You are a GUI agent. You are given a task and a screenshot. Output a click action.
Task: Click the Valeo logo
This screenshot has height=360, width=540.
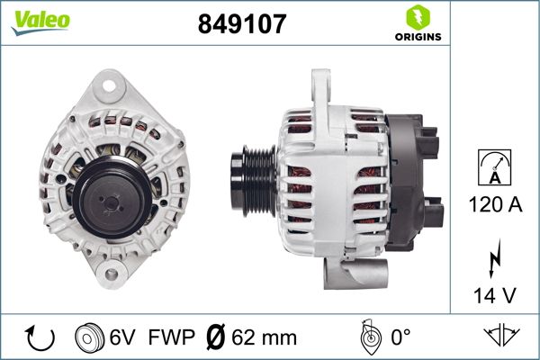click(40, 21)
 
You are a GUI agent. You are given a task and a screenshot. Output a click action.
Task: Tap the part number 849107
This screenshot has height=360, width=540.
click(241, 24)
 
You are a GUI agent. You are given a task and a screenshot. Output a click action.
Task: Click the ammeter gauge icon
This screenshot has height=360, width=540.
click(495, 167)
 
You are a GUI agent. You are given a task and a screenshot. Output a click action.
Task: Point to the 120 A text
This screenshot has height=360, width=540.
click(495, 205)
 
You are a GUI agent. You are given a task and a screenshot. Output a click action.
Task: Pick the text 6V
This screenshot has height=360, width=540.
click(123, 337)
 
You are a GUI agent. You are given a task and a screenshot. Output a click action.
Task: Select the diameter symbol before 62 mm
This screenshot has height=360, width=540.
click(216, 337)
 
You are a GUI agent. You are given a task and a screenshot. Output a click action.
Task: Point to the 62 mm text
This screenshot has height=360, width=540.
click(264, 337)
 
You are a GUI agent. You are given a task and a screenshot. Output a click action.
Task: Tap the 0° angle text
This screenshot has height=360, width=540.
click(401, 337)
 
